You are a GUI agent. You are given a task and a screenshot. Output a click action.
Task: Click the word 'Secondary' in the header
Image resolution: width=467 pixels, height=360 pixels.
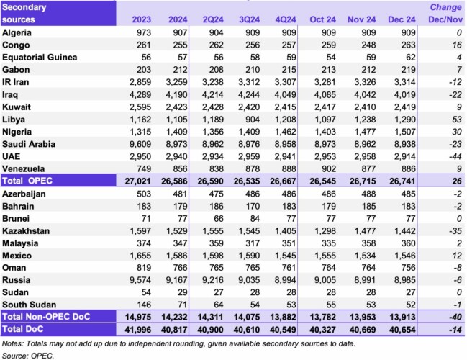coord(25,6)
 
